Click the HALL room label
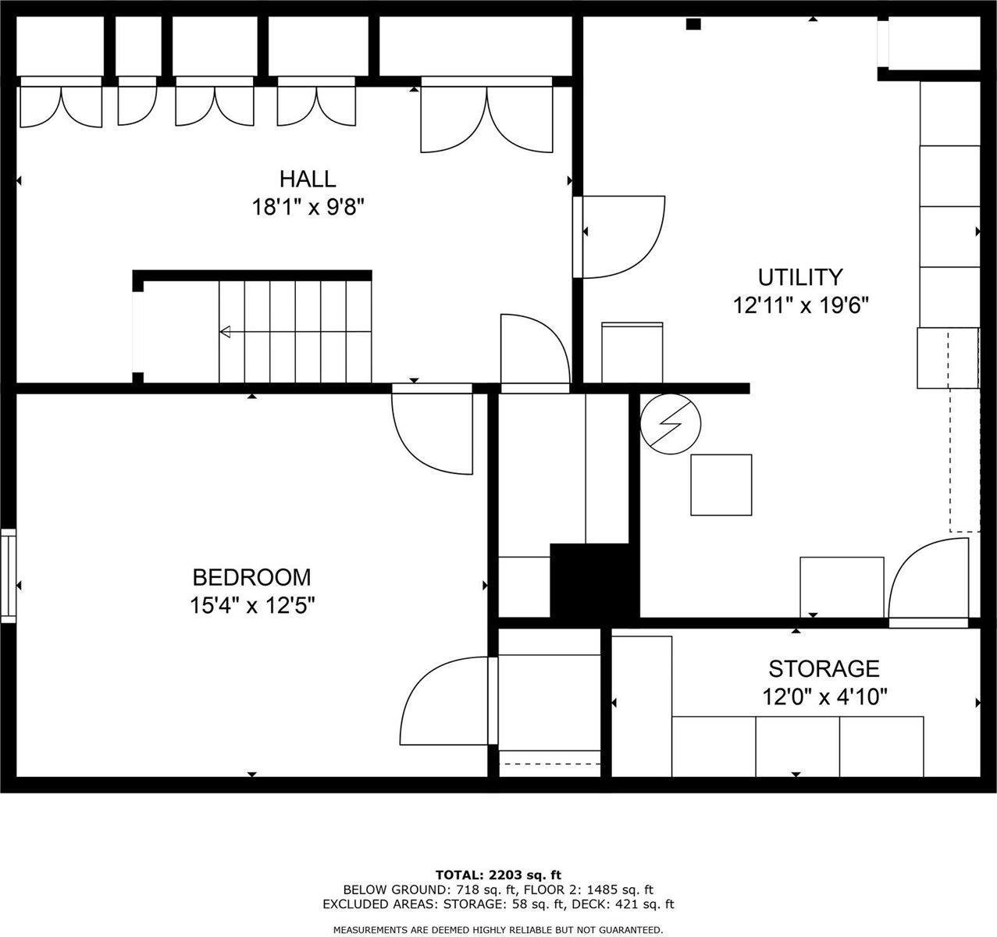pyautogui.click(x=308, y=180)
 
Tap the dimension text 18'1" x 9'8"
pyautogui.click(x=308, y=207)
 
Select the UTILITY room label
pyautogui.click(x=800, y=277)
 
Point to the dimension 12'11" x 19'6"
pyautogui.click(x=801, y=305)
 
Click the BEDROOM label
pyautogui.click(x=252, y=578)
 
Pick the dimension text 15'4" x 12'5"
pyautogui.click(x=252, y=605)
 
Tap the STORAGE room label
pyautogui.click(x=824, y=669)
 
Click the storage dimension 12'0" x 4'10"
pyautogui.click(x=824, y=697)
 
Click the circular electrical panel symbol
pyautogui.click(x=670, y=424)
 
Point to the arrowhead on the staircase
pyautogui.click(x=225, y=332)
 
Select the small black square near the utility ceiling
pyautogui.click(x=693, y=24)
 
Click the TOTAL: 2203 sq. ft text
pyautogui.click(x=498, y=875)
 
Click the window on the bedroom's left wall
pyautogui.click(x=8, y=575)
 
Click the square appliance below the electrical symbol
pyautogui.click(x=721, y=485)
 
